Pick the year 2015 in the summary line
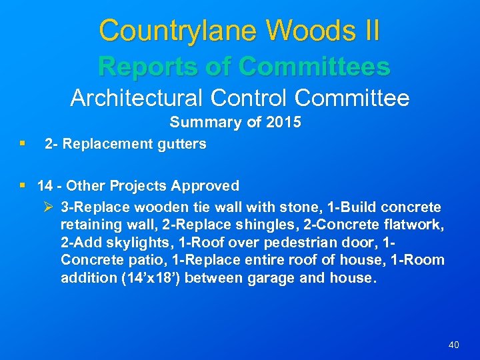[283, 123]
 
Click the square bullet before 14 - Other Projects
[24, 185]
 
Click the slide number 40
[453, 345]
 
